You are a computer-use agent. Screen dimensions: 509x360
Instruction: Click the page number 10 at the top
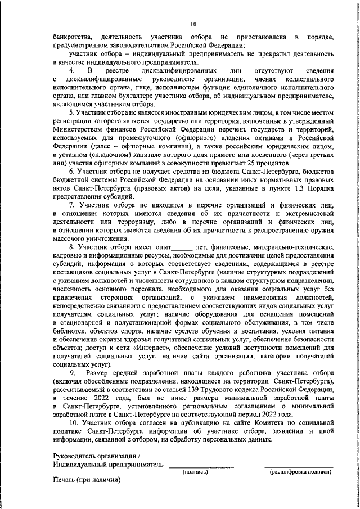(x=192, y=24)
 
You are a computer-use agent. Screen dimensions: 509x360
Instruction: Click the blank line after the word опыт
(x=181, y=247)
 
